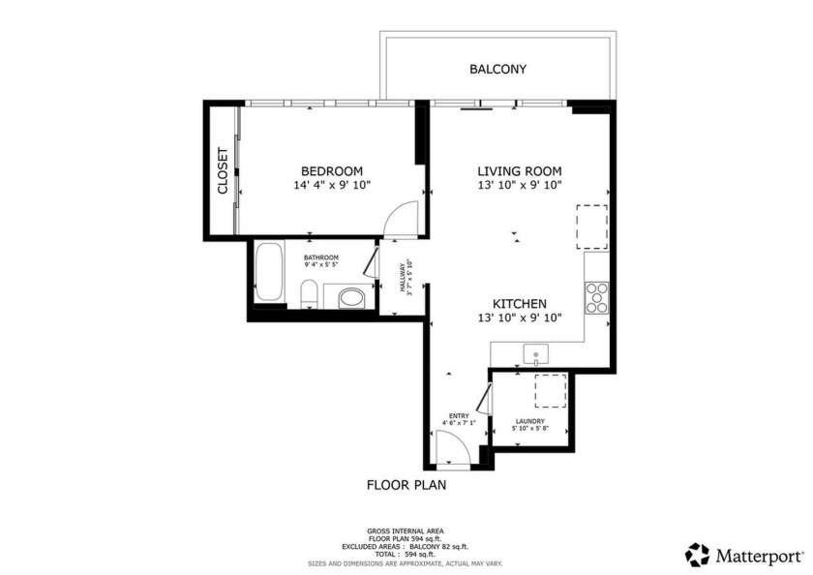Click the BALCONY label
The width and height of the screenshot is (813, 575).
pyautogui.click(x=497, y=69)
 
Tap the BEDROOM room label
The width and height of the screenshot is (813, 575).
pyautogui.click(x=331, y=170)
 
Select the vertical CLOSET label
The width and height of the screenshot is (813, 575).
pyautogui.click(x=223, y=170)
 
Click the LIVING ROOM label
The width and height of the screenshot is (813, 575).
pyautogui.click(x=519, y=170)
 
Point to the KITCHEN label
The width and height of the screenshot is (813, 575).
pyautogui.click(x=519, y=304)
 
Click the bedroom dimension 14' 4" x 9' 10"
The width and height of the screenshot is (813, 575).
pyautogui.click(x=331, y=185)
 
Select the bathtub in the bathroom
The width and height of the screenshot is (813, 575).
pyautogui.click(x=269, y=273)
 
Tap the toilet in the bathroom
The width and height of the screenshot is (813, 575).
pyautogui.click(x=308, y=293)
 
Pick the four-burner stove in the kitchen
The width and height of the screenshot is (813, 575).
pyautogui.click(x=596, y=296)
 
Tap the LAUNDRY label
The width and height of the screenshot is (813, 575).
pyautogui.click(x=529, y=421)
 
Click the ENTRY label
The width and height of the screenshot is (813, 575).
pyautogui.click(x=459, y=416)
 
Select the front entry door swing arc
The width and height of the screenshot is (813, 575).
pyautogui.click(x=449, y=446)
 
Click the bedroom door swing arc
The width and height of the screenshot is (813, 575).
pyautogui.click(x=401, y=220)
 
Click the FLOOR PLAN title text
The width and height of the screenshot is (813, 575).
pyautogui.click(x=406, y=485)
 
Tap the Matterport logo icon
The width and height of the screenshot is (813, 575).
pyautogui.click(x=697, y=555)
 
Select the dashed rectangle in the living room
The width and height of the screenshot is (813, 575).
pyautogui.click(x=591, y=227)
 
